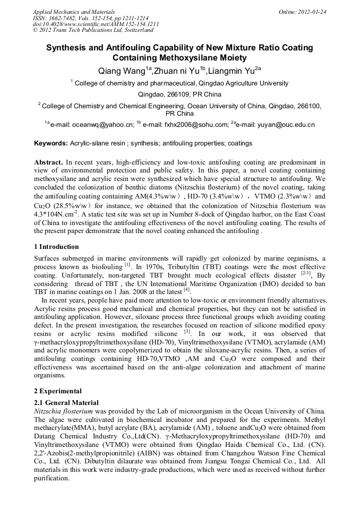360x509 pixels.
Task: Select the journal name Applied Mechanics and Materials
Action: (73, 12)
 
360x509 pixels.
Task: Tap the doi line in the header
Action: (96, 24)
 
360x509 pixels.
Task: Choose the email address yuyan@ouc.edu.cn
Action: (282, 125)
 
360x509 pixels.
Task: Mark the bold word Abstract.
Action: (48, 161)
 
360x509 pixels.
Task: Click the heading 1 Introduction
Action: (56, 247)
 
